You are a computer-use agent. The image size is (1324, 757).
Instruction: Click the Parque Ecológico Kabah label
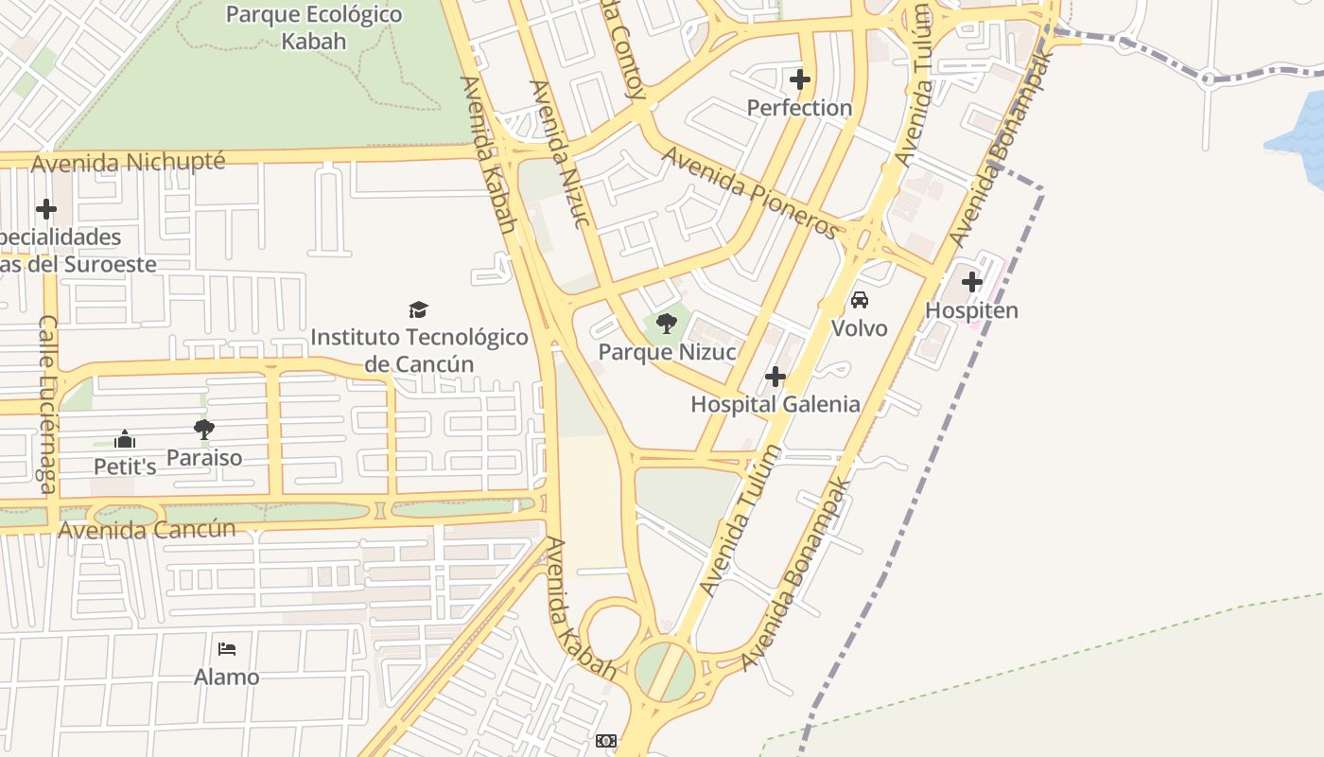pyautogui.click(x=314, y=28)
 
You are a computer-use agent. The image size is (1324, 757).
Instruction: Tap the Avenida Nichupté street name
pyautogui.click(x=129, y=162)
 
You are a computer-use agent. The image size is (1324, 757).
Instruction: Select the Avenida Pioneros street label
pyautogui.click(x=750, y=192)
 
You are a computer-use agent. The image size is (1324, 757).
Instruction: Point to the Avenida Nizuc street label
pyautogui.click(x=560, y=155)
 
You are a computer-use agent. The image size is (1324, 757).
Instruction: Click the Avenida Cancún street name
pyautogui.click(x=147, y=529)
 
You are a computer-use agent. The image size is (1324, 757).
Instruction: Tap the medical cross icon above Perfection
pyautogui.click(x=800, y=79)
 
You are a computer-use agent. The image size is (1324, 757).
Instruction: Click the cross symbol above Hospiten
pyautogui.click(x=971, y=282)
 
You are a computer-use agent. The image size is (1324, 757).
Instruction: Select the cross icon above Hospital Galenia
pyautogui.click(x=775, y=378)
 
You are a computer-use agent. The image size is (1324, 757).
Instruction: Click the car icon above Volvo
pyautogui.click(x=860, y=300)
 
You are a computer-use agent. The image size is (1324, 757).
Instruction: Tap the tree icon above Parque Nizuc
pyautogui.click(x=667, y=325)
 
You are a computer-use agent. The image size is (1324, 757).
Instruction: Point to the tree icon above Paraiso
pyautogui.click(x=204, y=430)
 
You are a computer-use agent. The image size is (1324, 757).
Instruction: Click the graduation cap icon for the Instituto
pyautogui.click(x=419, y=309)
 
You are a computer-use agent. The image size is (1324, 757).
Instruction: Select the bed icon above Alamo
pyautogui.click(x=227, y=649)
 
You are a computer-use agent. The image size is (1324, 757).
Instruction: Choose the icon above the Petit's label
pyautogui.click(x=125, y=439)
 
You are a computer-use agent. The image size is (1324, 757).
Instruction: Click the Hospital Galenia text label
pyautogui.click(x=775, y=405)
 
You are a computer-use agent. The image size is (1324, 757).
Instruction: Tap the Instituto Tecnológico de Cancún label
pyautogui.click(x=419, y=350)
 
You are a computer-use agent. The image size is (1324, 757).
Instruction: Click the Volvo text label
pyautogui.click(x=860, y=328)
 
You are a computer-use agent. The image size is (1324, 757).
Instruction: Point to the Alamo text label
pyautogui.click(x=227, y=678)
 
